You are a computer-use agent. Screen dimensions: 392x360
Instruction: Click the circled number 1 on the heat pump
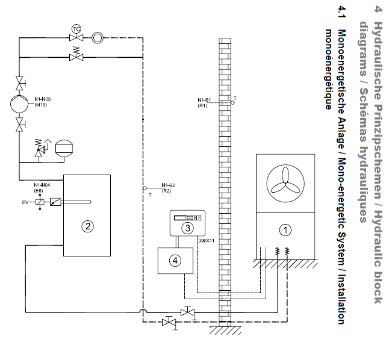(285, 230)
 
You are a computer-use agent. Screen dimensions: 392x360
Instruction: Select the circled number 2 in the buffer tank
(87, 226)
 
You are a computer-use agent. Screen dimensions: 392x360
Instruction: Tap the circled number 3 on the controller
(187, 228)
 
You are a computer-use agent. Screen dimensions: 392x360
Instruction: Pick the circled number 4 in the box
(175, 261)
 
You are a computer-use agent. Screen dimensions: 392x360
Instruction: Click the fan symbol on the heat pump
(285, 183)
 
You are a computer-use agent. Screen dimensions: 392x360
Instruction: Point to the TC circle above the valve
(76, 29)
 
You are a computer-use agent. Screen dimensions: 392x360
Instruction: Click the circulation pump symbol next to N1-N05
(19, 104)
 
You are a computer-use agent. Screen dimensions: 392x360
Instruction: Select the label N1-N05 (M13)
(42, 102)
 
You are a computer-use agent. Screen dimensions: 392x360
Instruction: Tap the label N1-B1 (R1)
(204, 102)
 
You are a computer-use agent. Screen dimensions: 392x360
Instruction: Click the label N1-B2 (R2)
(168, 188)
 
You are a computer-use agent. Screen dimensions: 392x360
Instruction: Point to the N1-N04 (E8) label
(42, 188)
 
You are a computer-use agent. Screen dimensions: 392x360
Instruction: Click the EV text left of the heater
(25, 202)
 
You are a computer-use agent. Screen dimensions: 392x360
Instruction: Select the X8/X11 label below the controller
(207, 241)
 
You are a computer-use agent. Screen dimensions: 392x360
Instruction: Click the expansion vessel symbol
(64, 148)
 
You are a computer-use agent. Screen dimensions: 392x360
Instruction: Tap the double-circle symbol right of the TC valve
(98, 38)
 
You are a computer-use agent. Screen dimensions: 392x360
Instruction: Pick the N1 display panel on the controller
(187, 218)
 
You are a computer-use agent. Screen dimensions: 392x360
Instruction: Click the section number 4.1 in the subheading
(341, 12)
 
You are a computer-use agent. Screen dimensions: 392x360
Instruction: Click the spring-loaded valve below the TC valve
(76, 54)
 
